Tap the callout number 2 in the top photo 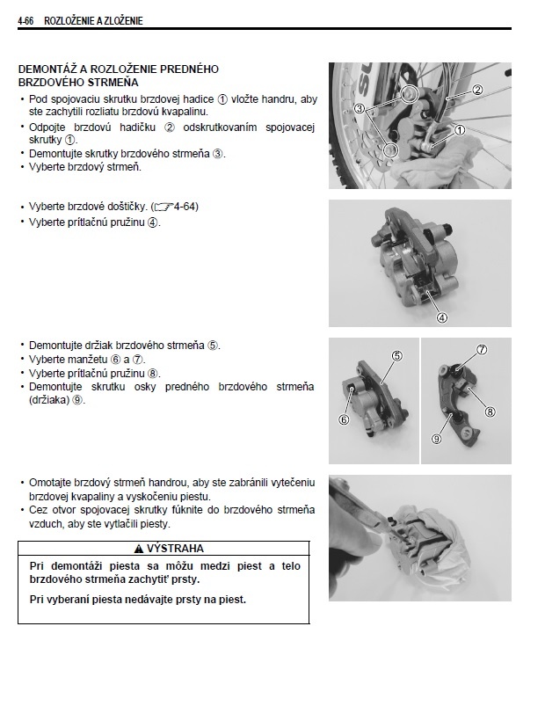478,90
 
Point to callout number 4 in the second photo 442,317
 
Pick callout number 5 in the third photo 396,356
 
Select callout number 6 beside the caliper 342,419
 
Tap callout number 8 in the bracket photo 490,411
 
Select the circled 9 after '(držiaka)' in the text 78,399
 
